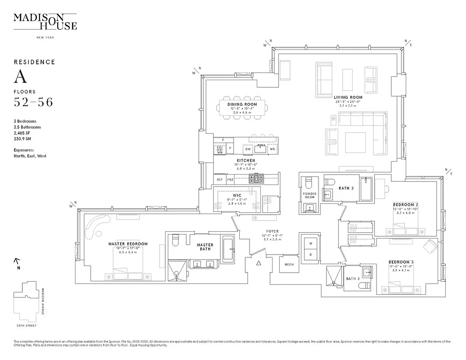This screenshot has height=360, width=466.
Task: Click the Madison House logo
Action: coord(45,22)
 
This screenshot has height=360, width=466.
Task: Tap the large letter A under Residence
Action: coord(20,77)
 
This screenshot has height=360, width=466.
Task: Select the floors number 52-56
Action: coord(33,102)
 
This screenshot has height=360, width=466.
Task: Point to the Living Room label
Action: coord(348,97)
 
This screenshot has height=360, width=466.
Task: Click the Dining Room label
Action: coord(242,104)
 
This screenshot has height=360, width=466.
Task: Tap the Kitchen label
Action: coord(246,160)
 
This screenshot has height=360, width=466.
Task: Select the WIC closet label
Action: coord(237,195)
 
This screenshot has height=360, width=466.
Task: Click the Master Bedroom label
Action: coord(128,244)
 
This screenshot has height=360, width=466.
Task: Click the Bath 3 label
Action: coord(352,279)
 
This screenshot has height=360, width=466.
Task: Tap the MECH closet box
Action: coord(289,265)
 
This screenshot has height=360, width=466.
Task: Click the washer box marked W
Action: coord(310,243)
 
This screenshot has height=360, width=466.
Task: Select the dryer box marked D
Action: coord(310,255)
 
